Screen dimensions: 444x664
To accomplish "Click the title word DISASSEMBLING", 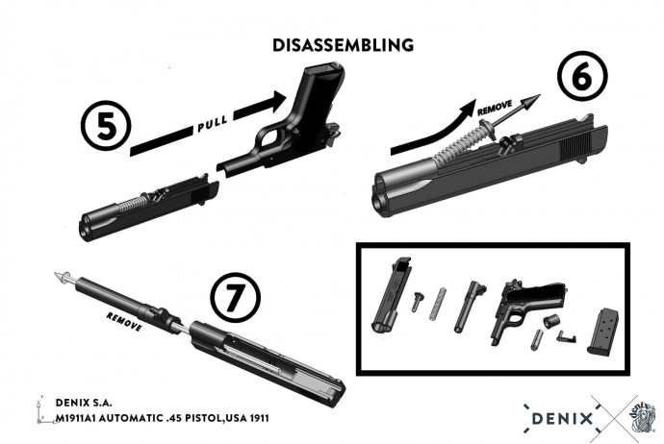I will (343, 45).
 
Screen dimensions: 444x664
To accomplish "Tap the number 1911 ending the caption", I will (257, 419).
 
